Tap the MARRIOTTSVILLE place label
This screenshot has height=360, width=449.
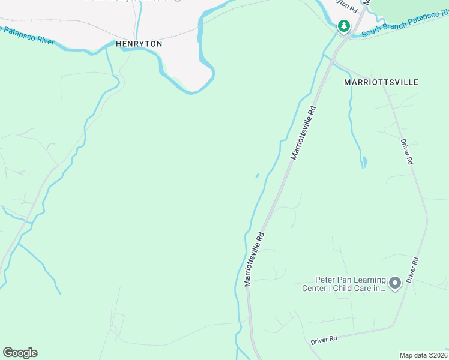[x=381, y=82]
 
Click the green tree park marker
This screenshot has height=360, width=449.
[x=343, y=26]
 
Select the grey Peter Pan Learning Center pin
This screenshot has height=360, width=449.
[x=394, y=283]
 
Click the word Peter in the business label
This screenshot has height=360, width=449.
[x=327, y=280]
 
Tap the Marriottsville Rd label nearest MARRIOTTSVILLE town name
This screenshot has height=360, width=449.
[x=303, y=133]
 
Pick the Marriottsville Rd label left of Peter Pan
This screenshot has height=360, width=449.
[x=254, y=259]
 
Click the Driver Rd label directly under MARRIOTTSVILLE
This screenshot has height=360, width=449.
[x=407, y=152]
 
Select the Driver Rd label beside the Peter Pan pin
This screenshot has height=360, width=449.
[x=412, y=270]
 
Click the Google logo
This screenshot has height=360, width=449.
[x=20, y=353]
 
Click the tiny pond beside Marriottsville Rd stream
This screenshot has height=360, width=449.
[x=257, y=175]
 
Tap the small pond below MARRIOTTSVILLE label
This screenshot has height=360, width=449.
[x=364, y=162]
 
